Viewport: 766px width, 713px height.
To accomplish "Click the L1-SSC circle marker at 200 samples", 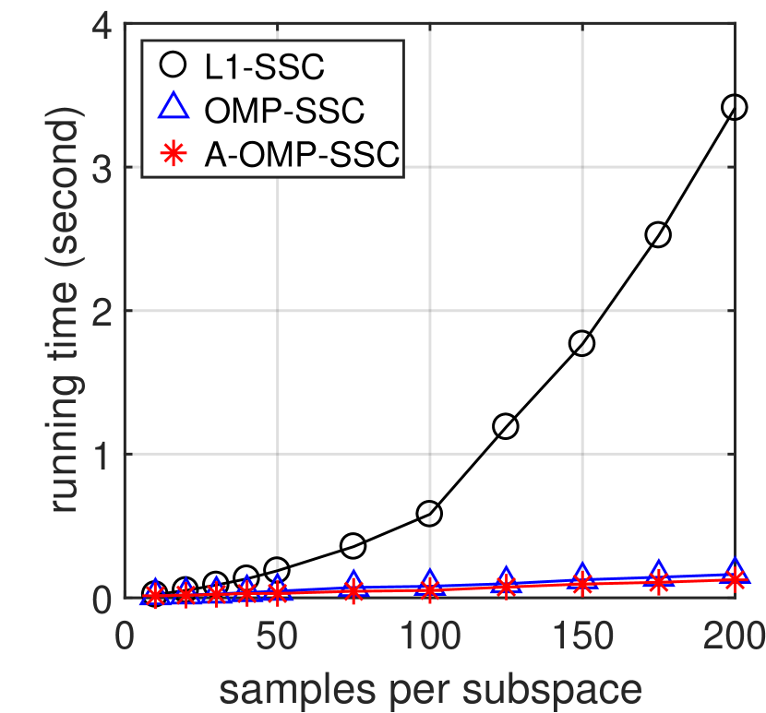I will [x=735, y=108].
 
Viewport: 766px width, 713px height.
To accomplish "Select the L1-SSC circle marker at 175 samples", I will [x=658, y=234].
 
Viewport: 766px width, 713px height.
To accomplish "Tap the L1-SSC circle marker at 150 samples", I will [x=581, y=343].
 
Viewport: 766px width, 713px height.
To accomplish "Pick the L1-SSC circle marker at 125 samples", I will [x=506, y=426].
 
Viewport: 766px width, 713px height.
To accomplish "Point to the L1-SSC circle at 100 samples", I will [x=429, y=514].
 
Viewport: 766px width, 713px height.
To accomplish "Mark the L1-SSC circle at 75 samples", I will [x=353, y=546].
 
